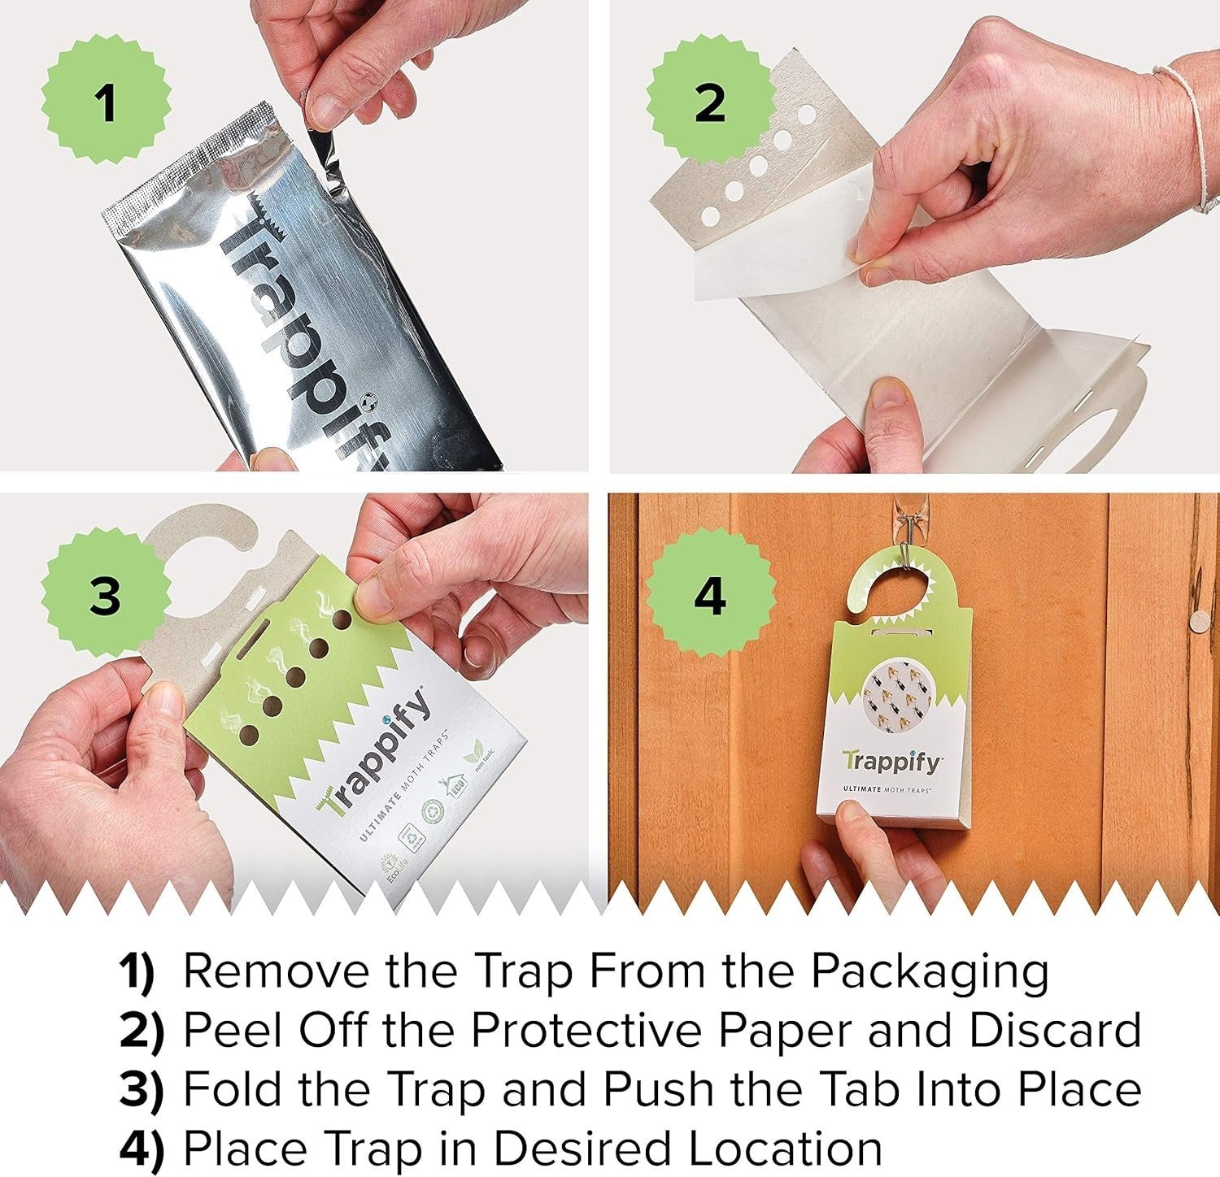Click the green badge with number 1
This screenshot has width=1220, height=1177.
(x=106, y=103)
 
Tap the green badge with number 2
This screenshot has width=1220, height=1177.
(x=710, y=103)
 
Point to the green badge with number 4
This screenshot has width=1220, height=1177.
(x=710, y=596)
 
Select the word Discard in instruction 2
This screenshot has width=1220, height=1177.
(x=1055, y=1030)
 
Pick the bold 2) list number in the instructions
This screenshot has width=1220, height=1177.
(x=142, y=1031)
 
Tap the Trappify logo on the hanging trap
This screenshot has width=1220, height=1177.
(x=892, y=762)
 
